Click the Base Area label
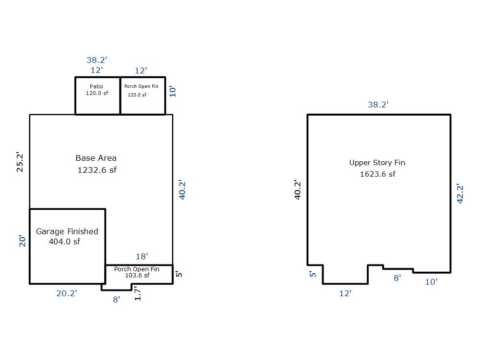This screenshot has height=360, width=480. click(96, 158)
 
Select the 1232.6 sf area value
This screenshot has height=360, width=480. click(97, 170)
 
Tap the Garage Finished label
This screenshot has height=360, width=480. click(67, 231)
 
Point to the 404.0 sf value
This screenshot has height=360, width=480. click(64, 241)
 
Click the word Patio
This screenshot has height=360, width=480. click(96, 86)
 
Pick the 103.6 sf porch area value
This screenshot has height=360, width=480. click(137, 275)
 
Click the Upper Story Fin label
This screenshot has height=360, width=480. click(377, 163)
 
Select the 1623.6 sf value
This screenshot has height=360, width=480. click(377, 174)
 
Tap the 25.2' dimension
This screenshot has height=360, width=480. click(20, 162)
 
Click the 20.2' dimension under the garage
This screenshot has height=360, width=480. click(67, 293)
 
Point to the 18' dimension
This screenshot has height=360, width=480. click(142, 256)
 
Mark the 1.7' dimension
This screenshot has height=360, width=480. click(137, 294)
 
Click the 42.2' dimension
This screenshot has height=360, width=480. click(460, 193)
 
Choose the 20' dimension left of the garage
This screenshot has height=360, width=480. click(23, 241)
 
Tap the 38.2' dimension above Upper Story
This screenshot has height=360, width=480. click(378, 105)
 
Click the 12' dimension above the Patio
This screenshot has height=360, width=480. click(97, 70)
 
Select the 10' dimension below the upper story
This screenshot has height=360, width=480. click(432, 282)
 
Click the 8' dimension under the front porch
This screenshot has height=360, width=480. click(117, 300)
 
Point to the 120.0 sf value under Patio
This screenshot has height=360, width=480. click(97, 94)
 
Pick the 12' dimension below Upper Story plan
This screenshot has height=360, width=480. click(345, 293)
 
